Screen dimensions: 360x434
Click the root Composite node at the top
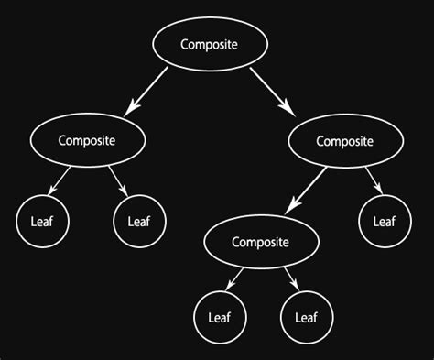click(x=209, y=44)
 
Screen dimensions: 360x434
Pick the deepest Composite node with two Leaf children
click(x=260, y=242)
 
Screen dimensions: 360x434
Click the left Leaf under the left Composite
click(x=41, y=220)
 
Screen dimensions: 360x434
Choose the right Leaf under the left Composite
click(x=138, y=220)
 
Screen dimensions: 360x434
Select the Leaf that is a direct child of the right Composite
click(x=384, y=221)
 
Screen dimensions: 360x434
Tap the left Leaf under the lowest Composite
click(x=218, y=318)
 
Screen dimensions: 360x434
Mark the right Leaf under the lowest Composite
click(x=306, y=318)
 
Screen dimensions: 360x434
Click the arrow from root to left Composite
click(x=148, y=91)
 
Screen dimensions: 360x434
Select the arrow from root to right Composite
click(x=273, y=92)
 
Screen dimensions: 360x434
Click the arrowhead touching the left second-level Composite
click(x=131, y=110)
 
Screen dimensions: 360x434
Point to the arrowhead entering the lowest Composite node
click(x=288, y=209)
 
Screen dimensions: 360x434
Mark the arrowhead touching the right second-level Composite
click(x=292, y=111)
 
